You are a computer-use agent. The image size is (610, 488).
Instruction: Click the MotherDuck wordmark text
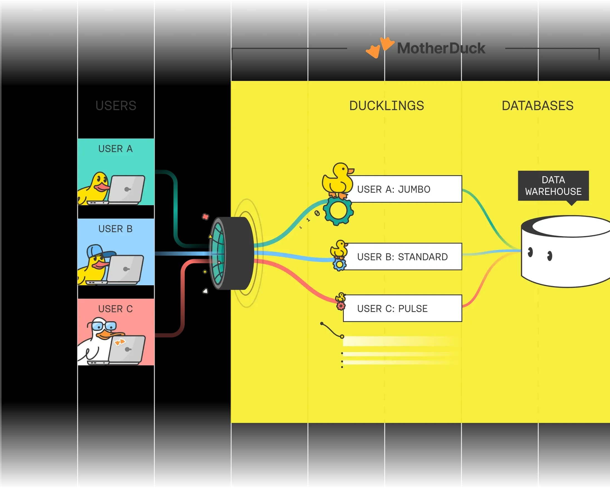click(x=441, y=48)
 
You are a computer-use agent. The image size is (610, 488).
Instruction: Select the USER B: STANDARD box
click(x=403, y=257)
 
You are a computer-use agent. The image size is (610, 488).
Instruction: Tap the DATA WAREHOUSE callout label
click(x=553, y=185)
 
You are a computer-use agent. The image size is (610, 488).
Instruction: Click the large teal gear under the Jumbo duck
click(x=339, y=211)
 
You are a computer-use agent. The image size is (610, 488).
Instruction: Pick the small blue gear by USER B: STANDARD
click(x=339, y=264)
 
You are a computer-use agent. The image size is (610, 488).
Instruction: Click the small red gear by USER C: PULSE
click(x=341, y=306)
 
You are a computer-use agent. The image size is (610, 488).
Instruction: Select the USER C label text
click(x=115, y=309)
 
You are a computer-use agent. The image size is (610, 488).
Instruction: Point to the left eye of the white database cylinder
click(x=530, y=251)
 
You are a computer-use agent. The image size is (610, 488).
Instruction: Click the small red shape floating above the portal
click(x=205, y=217)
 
